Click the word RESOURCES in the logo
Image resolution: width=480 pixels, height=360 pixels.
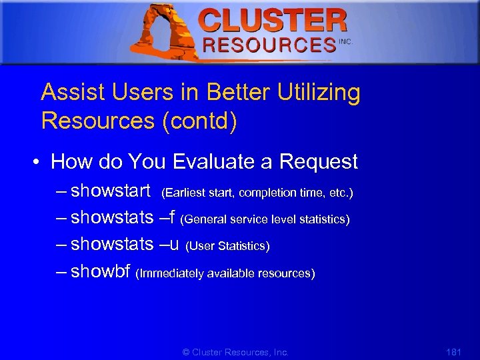coord(269,45)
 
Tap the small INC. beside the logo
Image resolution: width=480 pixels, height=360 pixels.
coord(345,41)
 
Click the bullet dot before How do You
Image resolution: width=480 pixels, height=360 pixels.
coord(39,162)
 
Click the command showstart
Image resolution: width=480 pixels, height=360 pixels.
coord(110,191)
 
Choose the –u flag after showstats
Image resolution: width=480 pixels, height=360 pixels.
coord(169,245)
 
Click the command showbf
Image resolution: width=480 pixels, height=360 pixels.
coord(100,272)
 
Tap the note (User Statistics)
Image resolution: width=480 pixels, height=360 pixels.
coord(227,247)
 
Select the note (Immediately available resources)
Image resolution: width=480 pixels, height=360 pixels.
coord(225,273)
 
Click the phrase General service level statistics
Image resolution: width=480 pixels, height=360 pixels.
coord(265,219)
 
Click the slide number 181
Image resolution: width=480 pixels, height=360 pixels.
coord(453,351)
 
